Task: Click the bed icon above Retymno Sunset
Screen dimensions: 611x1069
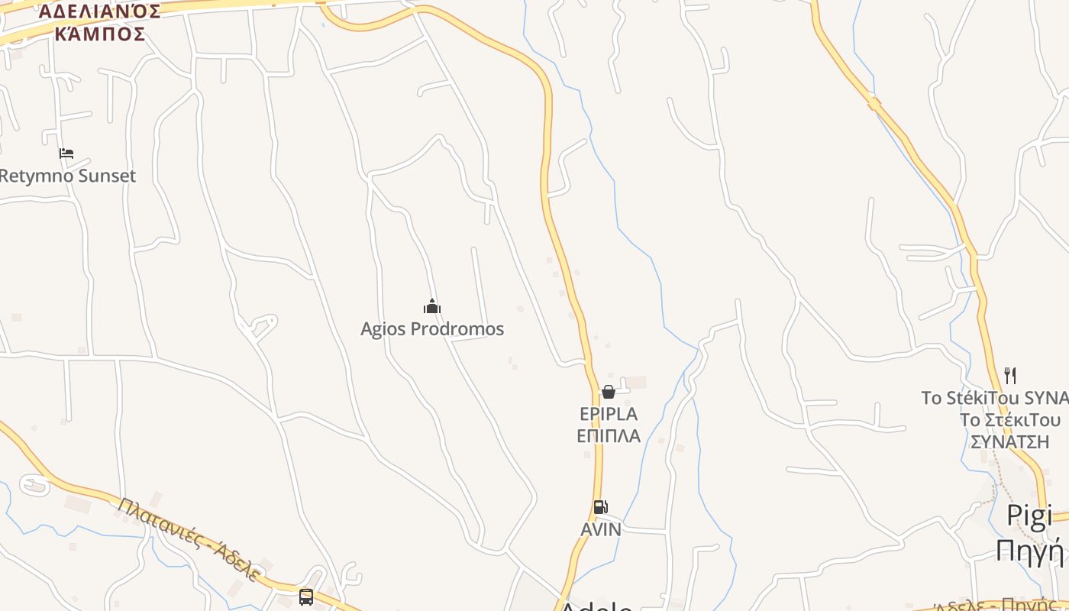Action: point(66,154)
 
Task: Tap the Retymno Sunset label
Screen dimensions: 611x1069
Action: point(67,176)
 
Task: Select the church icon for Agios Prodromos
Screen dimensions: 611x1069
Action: point(432,307)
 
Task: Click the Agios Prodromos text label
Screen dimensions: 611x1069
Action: point(432,329)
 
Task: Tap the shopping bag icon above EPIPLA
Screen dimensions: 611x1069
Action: point(609,392)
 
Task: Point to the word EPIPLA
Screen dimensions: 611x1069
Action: point(609,414)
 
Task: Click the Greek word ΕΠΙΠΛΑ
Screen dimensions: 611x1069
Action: point(609,436)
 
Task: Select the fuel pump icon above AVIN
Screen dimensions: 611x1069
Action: point(601,507)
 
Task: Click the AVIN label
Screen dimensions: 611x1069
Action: point(601,529)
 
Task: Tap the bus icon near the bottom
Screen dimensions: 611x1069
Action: point(306,596)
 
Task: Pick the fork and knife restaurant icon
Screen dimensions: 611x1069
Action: point(1010,376)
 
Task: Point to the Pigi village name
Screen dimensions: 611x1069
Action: point(1029,516)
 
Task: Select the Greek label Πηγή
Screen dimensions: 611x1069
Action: point(1029,549)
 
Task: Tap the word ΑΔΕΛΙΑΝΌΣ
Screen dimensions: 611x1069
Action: point(100,11)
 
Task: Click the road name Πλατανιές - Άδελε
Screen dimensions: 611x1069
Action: point(190,539)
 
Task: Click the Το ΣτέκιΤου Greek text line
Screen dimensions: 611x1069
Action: point(1010,420)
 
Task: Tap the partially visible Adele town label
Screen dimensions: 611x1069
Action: point(596,606)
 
